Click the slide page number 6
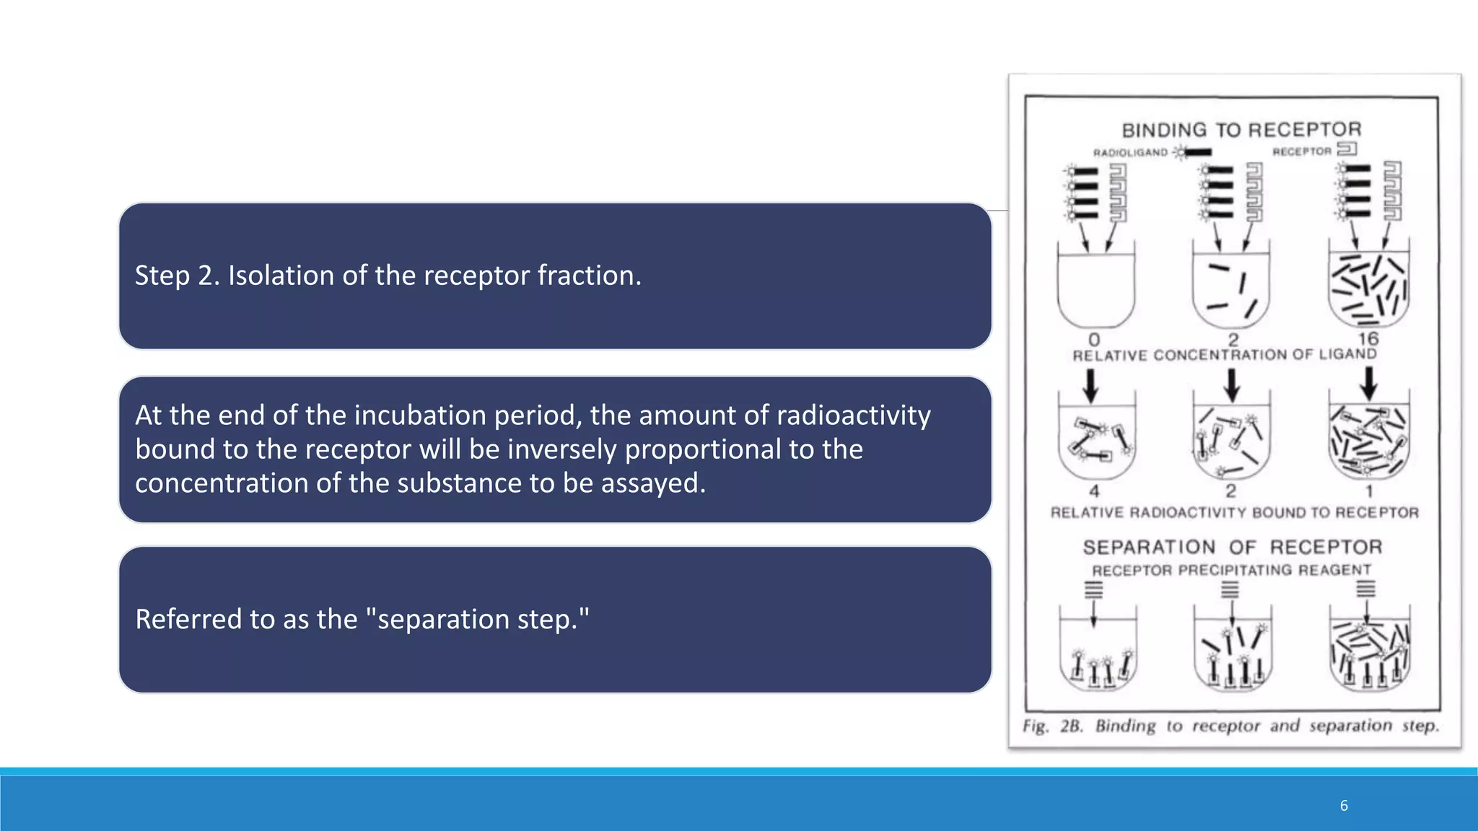click(1344, 806)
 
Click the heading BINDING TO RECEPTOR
click(1241, 130)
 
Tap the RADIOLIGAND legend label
click(1130, 153)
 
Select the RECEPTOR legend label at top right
click(1301, 151)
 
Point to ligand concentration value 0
click(1094, 339)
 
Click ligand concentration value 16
click(1368, 338)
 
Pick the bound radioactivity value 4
click(1094, 491)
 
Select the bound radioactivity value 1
click(1369, 491)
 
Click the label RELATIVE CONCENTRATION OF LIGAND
click(1225, 355)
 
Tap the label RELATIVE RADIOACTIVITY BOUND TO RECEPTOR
click(1234, 512)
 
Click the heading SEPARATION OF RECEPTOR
click(1233, 548)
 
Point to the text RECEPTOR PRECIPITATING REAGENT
click(1231, 571)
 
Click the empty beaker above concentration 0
click(1096, 289)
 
